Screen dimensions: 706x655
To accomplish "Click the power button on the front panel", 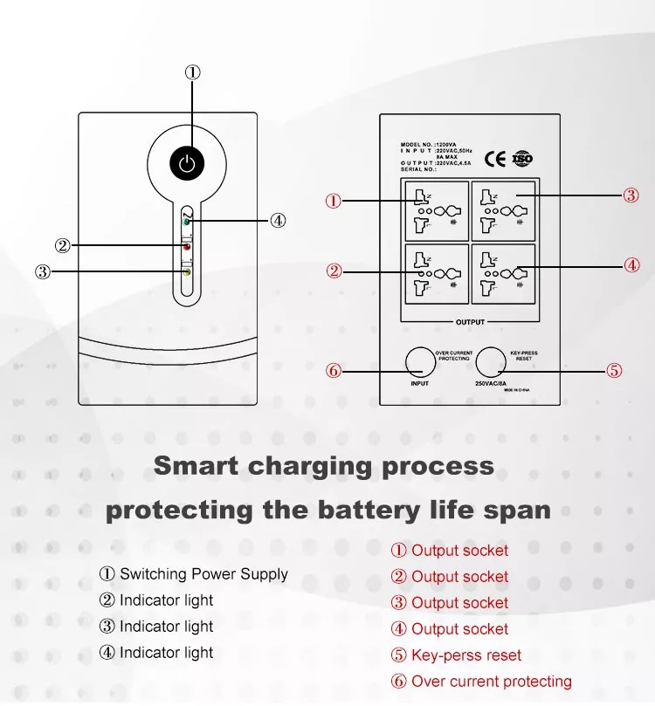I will pos(186,162).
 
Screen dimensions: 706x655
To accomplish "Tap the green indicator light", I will pos(187,222).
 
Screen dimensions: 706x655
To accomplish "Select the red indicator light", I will pos(187,247).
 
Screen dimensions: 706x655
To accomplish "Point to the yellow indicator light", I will pos(187,272).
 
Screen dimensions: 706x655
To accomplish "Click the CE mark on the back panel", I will pos(495,159).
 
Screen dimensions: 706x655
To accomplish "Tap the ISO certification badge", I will pos(522,159).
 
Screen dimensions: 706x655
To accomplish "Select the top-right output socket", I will pos(504,210).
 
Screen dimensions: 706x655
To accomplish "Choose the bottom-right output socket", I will pos(504,274).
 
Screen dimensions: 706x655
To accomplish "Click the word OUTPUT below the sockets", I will pos(470,322).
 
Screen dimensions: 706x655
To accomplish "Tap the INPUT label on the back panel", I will pos(420,384).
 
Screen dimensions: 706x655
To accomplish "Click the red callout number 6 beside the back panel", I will pos(333,370).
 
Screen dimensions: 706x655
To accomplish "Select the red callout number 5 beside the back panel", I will pos(614,370).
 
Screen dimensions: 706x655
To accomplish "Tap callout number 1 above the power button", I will pos(193,72).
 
